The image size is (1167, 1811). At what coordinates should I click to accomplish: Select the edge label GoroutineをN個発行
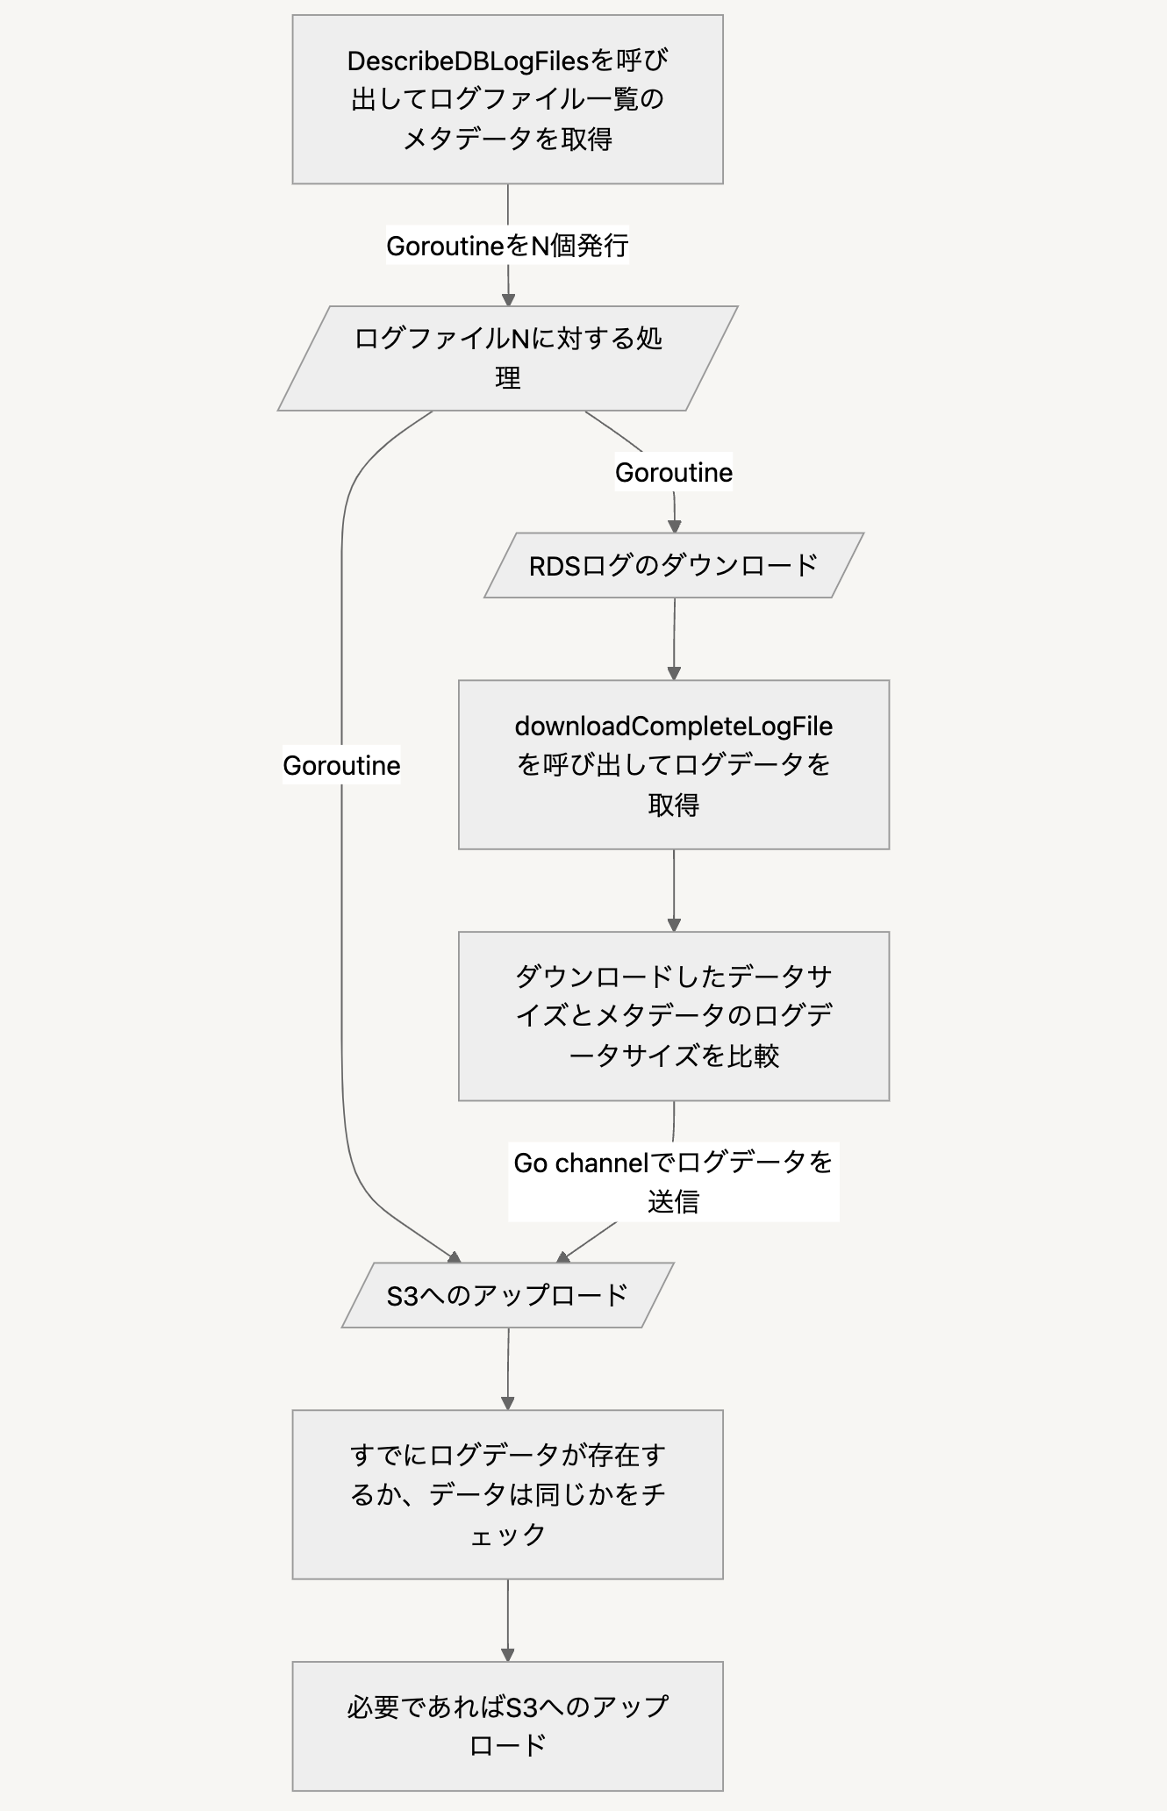coord(507,246)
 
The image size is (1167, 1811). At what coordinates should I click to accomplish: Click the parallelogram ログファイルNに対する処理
coord(507,358)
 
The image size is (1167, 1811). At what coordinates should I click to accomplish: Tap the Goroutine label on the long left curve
coord(341,765)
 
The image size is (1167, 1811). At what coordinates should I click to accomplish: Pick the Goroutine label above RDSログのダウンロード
coord(673,472)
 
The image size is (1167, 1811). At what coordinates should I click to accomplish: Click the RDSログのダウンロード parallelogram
coord(673,566)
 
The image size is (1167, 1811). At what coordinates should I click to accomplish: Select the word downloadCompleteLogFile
coord(673,727)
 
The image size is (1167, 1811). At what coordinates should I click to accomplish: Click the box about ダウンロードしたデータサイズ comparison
coord(673,1016)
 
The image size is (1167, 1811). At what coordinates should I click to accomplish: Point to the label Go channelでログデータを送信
coord(673,1181)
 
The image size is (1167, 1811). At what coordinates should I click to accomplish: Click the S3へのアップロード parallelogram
coord(507,1295)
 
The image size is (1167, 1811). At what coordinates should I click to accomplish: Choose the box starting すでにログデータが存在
coord(507,1494)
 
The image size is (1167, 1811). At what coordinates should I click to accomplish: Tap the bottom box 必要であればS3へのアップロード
coord(507,1726)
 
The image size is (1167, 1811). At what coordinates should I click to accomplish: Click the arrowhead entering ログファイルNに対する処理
coord(508,299)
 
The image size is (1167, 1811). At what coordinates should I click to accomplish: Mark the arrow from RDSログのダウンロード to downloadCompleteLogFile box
coord(674,639)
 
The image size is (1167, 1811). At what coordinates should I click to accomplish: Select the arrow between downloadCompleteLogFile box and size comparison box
coord(674,891)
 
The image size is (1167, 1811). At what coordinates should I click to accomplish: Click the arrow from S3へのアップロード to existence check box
coord(508,1369)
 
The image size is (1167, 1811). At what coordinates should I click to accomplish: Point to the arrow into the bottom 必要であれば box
coord(508,1621)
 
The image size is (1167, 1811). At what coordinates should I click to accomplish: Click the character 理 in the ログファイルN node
coord(507,378)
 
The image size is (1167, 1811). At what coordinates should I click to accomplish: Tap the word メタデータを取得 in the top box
coord(507,139)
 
